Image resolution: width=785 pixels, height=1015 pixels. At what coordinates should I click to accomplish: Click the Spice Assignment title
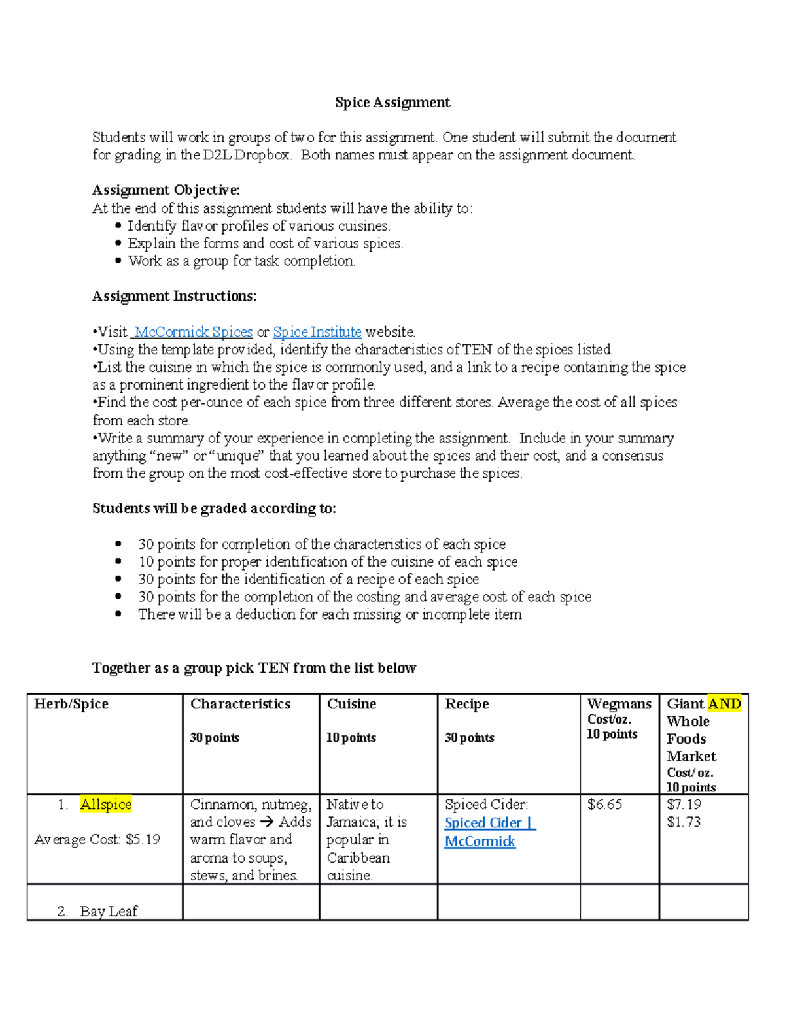coord(392,103)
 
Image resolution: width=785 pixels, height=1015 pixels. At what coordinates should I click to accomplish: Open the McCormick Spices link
coord(193,332)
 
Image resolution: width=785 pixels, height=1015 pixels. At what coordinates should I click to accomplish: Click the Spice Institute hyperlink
coord(317,332)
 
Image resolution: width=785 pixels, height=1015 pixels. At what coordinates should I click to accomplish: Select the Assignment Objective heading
coord(166,190)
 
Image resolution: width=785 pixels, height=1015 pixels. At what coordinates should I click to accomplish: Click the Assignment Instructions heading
coord(174,296)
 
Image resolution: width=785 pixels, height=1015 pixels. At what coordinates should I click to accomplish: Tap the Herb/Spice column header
coord(71,704)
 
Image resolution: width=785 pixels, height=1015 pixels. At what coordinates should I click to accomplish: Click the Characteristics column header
coord(240,704)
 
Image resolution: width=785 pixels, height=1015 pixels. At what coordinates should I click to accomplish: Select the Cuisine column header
coord(351,704)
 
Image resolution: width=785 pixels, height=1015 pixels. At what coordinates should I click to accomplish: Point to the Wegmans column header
coord(619,704)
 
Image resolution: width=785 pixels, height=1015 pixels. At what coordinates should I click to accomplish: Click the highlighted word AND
coord(724,704)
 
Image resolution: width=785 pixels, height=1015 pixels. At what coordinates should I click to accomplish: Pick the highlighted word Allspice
coord(106,805)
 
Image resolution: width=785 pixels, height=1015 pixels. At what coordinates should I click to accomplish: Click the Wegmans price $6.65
coord(605,805)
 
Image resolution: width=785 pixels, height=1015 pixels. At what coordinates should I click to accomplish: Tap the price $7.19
coord(684,805)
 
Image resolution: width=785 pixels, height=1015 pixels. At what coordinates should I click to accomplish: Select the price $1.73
coord(684,822)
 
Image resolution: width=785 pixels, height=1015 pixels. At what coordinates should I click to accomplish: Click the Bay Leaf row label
coord(109,911)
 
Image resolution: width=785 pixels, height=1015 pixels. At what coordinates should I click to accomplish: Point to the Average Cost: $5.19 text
coord(97,840)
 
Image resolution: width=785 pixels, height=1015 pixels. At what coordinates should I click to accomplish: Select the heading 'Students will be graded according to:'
coord(214,508)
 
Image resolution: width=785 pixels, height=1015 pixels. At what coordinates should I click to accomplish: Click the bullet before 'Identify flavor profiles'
coord(118,226)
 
